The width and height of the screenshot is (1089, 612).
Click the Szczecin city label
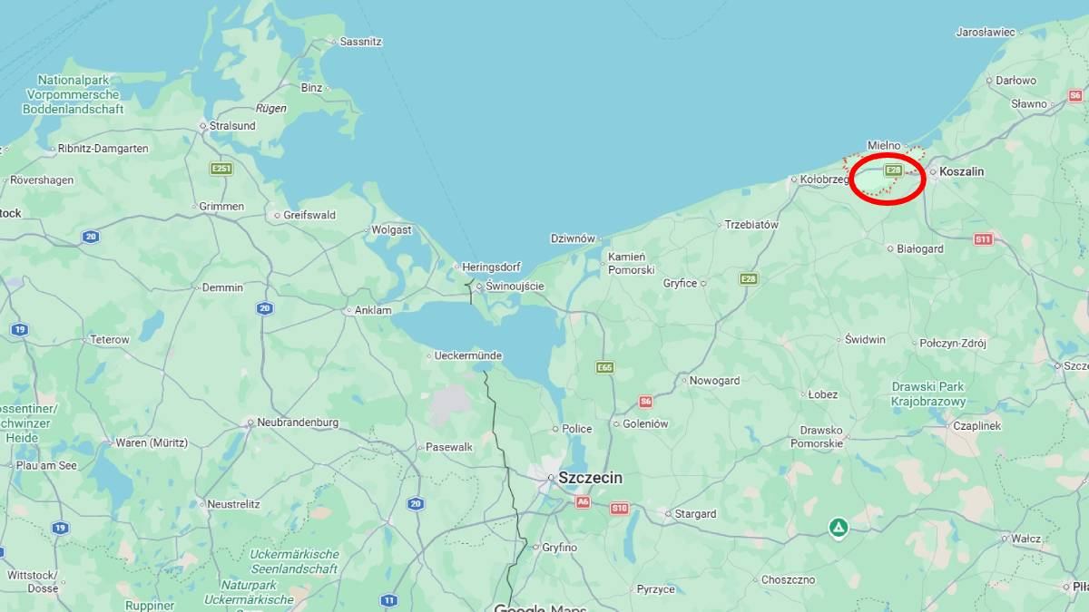pos(591,478)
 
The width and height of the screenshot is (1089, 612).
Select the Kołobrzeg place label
pos(824,180)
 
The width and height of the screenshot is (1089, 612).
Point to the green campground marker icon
pos(839,527)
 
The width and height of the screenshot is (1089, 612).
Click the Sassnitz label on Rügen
pos(360,42)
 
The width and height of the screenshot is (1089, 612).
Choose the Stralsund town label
pos(232,126)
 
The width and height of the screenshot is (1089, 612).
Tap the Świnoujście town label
pos(515,287)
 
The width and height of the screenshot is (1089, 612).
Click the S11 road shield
pos(983,239)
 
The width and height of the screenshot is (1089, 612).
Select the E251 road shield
pos(221,169)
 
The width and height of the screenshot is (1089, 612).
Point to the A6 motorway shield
pos(583,501)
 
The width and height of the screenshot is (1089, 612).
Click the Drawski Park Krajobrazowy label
pos(927,393)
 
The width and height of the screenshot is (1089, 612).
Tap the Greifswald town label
pos(309,216)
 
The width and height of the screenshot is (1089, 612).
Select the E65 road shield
pos(605,367)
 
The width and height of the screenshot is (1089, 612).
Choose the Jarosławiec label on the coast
pos(986,32)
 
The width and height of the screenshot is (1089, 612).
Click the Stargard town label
pos(695,514)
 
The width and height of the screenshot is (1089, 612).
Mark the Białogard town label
pos(919,248)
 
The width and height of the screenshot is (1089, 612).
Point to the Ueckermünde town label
pos(468,355)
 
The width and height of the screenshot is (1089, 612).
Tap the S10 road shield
pos(619,509)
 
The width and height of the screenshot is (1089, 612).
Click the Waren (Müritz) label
pos(151,442)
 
